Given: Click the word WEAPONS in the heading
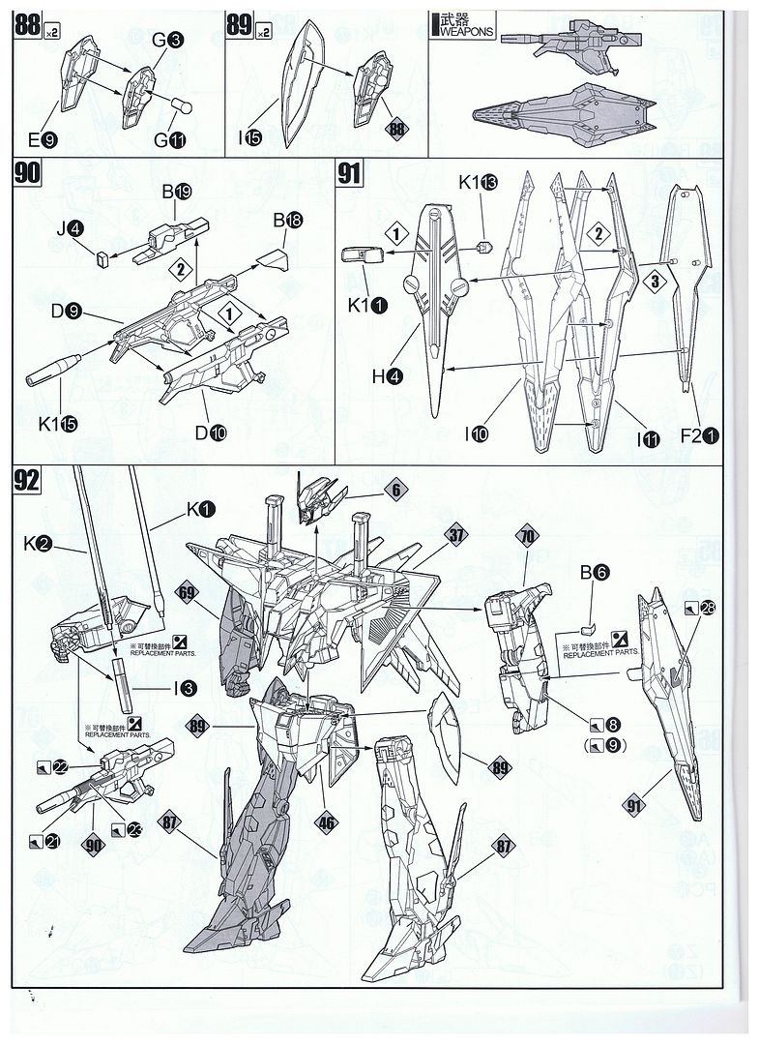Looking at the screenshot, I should pos(467,31).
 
